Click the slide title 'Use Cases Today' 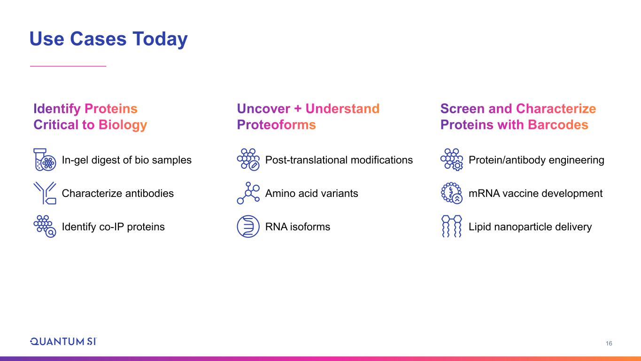click(108, 39)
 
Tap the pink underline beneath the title click(68, 66)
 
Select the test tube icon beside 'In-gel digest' click(45, 160)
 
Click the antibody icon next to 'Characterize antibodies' click(45, 193)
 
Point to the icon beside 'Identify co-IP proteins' click(45, 227)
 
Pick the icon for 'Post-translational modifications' click(248, 160)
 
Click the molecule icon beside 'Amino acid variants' click(248, 193)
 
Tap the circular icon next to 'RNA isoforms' click(248, 227)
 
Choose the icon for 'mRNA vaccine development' click(452, 193)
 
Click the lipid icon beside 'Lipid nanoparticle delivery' click(452, 227)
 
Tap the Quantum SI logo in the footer click(63, 342)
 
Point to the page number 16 click(609, 343)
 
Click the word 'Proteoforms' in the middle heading click(277, 125)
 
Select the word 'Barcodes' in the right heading click(558, 125)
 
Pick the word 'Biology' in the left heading click(123, 125)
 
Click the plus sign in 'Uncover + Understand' click(298, 109)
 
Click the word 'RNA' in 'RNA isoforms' click(276, 227)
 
